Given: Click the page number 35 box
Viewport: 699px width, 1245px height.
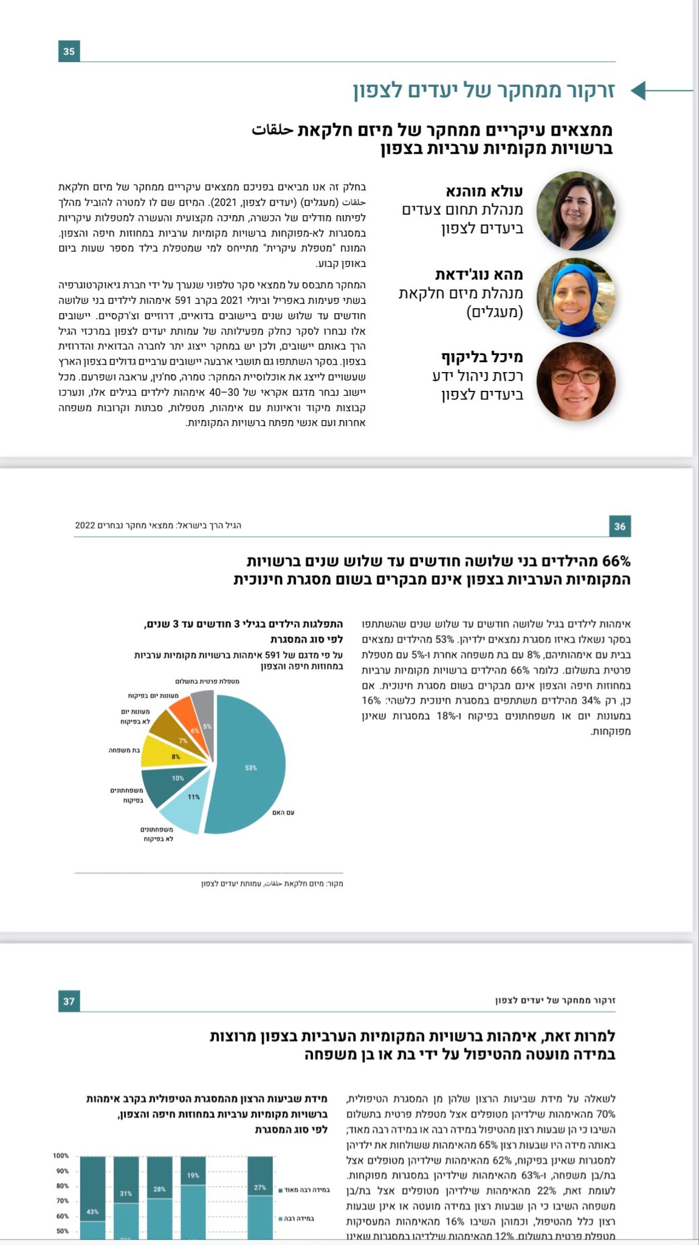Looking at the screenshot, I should (69, 52).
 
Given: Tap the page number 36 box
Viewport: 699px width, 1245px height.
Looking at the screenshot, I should (619, 526).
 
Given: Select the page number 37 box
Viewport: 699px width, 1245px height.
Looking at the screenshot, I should (69, 1001).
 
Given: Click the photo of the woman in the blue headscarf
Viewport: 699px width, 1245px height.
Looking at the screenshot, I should (576, 298).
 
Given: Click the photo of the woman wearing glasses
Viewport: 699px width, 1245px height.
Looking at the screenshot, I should (576, 382).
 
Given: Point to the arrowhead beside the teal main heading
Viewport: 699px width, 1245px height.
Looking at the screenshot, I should (639, 91).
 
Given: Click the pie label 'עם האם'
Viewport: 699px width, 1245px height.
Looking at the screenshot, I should (283, 813).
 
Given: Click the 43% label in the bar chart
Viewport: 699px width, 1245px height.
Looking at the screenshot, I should (92, 1212).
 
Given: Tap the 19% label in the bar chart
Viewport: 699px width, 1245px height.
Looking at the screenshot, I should (193, 1175).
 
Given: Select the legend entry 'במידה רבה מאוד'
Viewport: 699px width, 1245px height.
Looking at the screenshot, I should (306, 1190).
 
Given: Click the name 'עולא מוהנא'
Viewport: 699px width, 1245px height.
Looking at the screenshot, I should (484, 191).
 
